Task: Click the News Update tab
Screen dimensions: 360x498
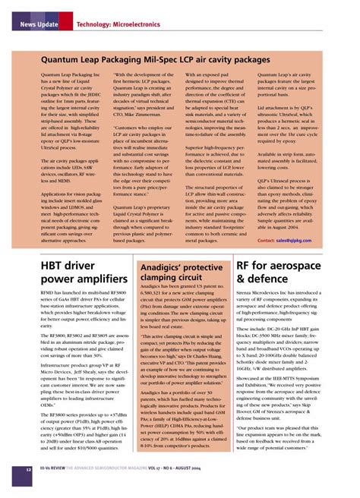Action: pos(38,25)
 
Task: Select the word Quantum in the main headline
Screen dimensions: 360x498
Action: pos(61,58)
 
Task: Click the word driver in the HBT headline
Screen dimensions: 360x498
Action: pos(96,266)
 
